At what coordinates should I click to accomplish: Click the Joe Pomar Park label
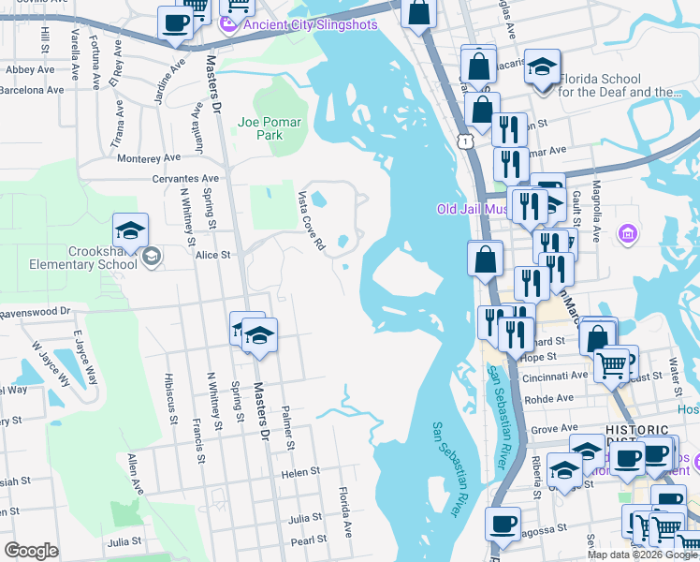(260, 128)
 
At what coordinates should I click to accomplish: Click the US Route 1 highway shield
(464, 140)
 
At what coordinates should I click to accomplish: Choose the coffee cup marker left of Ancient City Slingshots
(175, 23)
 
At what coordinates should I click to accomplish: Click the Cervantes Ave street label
(186, 178)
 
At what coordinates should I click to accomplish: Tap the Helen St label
(300, 473)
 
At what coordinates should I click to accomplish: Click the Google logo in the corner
(32, 551)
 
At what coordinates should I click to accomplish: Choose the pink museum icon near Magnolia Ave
(627, 231)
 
